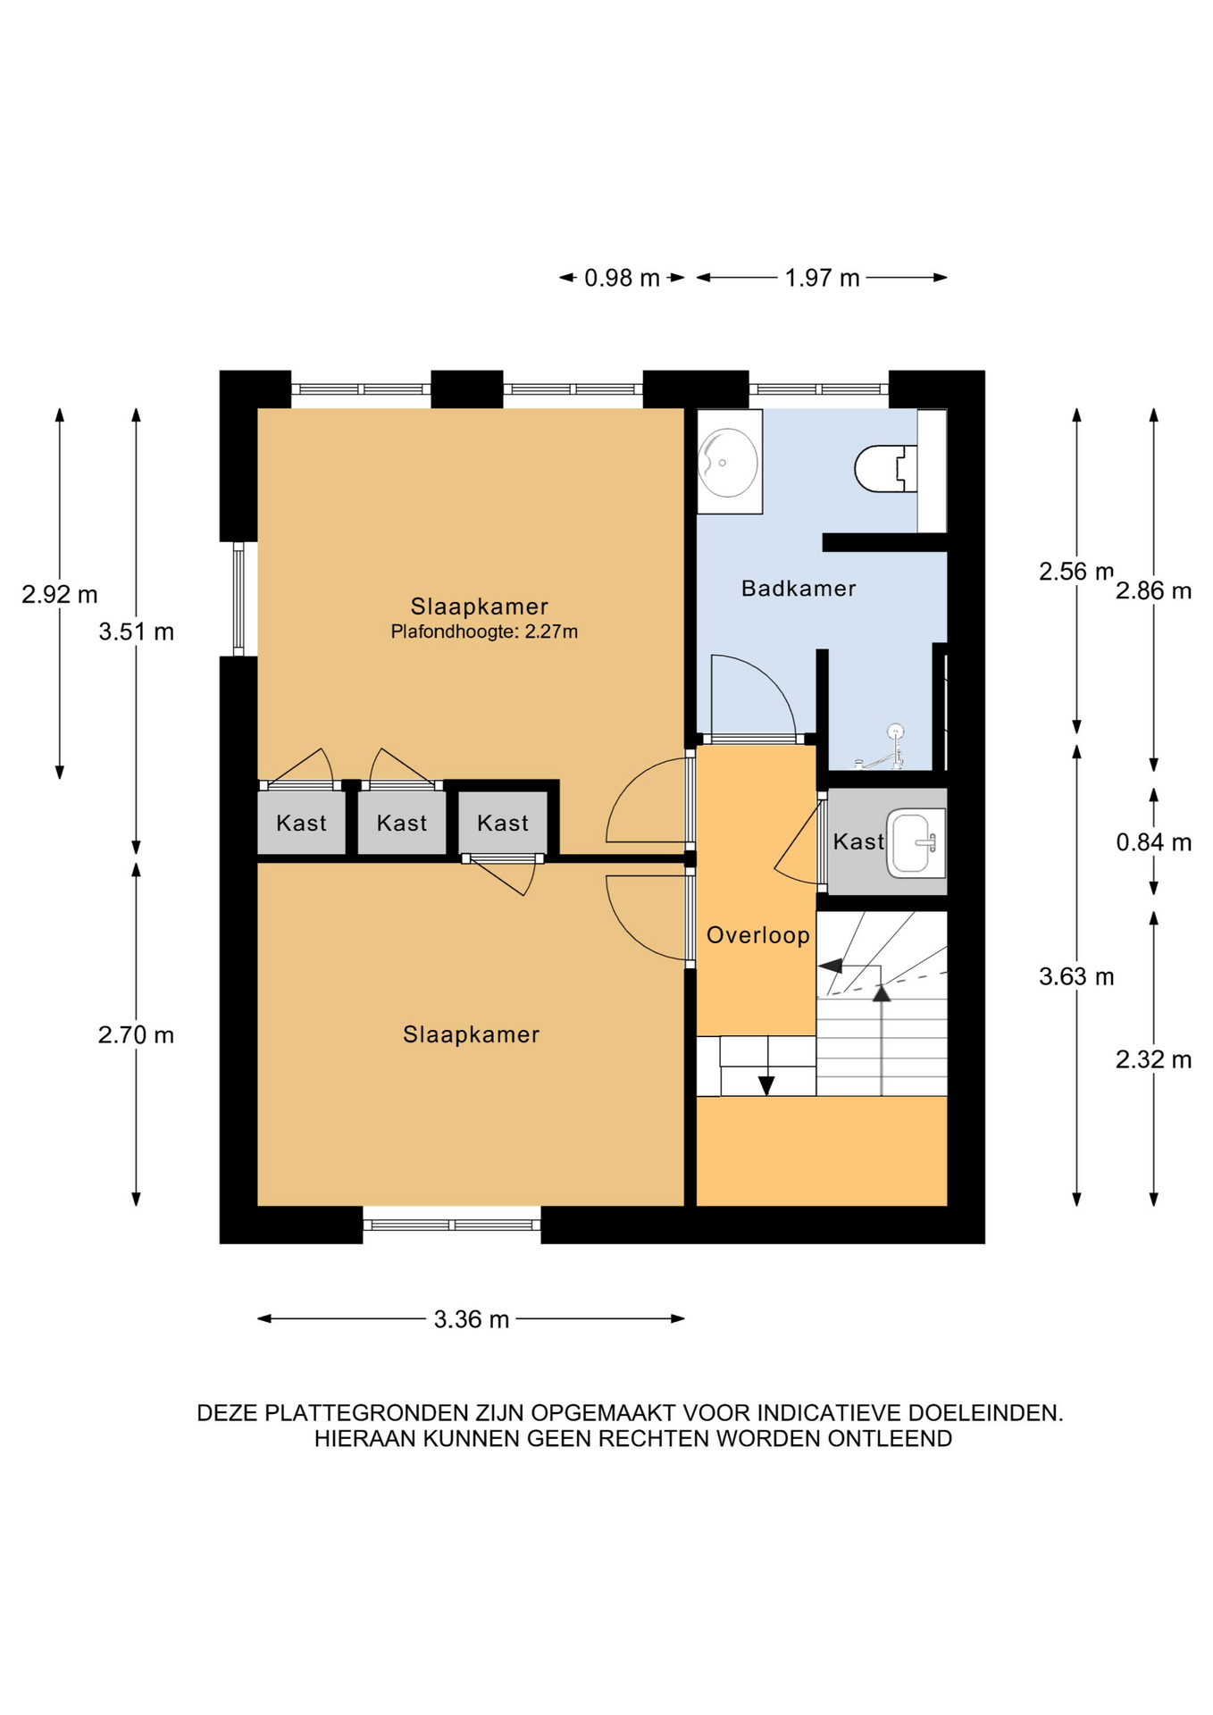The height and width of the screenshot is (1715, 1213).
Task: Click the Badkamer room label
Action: [799, 589]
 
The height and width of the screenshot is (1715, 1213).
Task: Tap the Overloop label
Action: [758, 935]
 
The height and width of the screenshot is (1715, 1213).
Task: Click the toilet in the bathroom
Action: [886, 468]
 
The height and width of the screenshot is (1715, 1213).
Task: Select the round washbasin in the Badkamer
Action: [728, 463]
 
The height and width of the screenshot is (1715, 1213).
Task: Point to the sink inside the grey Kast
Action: [916, 842]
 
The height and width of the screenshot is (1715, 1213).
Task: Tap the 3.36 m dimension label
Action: [472, 1319]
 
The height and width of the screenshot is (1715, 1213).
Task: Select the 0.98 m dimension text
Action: [622, 279]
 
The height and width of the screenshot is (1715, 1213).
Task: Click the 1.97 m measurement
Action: [822, 279]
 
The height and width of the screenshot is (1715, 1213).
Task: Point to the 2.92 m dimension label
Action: [60, 595]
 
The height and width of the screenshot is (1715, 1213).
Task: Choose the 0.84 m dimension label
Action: [1154, 842]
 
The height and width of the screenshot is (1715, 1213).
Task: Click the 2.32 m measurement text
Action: [1154, 1060]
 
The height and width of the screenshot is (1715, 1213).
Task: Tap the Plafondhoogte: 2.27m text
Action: [484, 632]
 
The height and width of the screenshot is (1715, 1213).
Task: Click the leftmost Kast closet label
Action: [301, 824]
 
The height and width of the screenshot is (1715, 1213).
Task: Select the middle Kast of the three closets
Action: [402, 824]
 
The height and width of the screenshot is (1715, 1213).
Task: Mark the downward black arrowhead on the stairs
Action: [766, 1085]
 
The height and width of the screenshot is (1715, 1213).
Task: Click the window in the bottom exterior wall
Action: [452, 1225]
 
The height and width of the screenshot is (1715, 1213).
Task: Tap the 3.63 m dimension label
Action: [1076, 977]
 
